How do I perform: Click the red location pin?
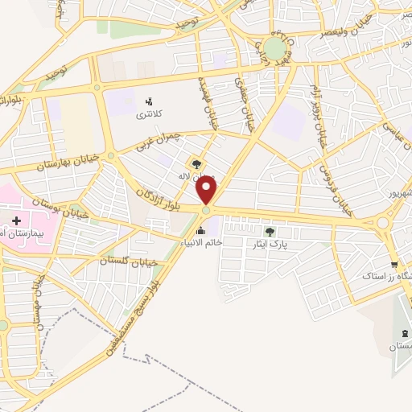tap(208, 191)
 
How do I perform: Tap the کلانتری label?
tap(148, 115)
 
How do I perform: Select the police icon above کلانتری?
tap(148, 101)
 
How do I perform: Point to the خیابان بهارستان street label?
tap(68, 160)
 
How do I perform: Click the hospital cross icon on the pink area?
tap(17, 220)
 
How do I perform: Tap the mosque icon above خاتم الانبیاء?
tap(200, 231)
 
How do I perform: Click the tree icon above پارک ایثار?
tap(269, 233)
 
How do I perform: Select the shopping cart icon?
tap(393, 265)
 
